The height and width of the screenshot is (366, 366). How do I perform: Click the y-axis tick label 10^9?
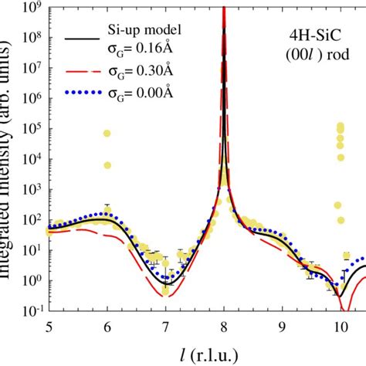coord(31,7)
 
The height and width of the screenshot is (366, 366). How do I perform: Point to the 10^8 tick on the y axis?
coord(31,38)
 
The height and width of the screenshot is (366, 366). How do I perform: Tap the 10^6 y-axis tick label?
coord(31,98)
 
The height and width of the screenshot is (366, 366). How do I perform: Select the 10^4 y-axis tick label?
coord(31,158)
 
